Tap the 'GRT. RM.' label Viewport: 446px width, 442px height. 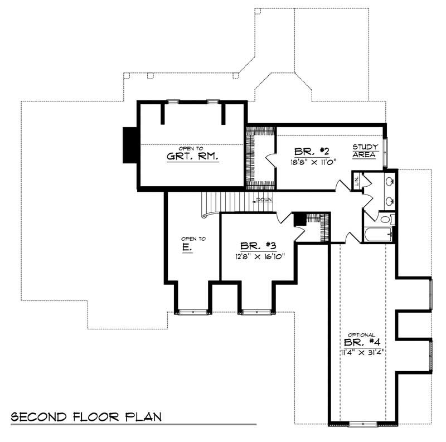192,156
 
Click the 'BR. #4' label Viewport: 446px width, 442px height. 362,342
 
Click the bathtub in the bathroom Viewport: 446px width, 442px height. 378,234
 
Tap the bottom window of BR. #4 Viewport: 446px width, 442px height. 362,425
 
